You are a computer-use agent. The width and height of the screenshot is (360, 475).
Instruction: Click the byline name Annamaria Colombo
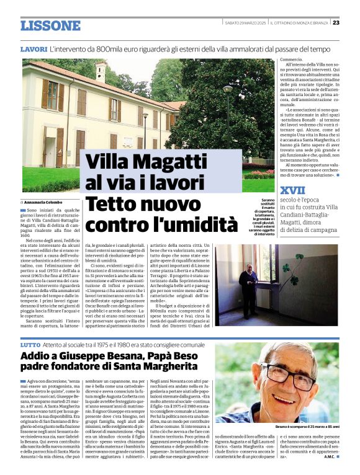pyautogui.click(x=42, y=202)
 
